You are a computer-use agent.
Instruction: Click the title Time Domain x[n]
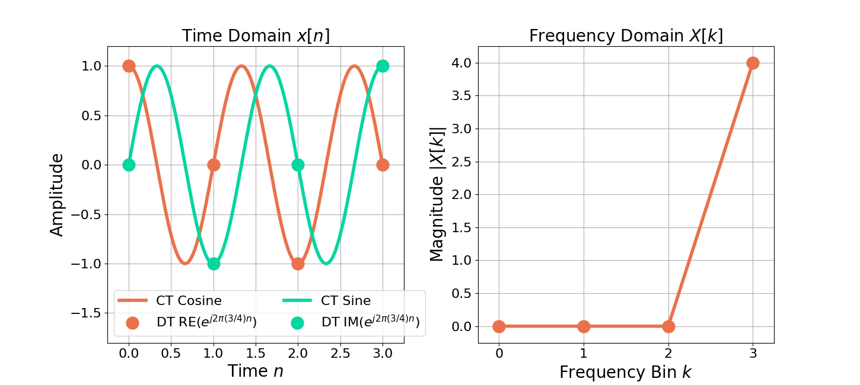[256, 36]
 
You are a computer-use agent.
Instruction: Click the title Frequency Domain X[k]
[626, 36]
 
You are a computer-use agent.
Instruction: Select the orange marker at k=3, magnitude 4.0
[753, 63]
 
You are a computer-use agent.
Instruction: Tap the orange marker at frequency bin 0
[499, 326]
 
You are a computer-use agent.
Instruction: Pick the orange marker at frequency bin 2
[668, 326]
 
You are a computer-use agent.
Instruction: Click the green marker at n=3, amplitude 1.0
[383, 66]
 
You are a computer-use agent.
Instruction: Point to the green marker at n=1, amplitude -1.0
[214, 264]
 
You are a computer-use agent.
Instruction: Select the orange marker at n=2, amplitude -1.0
[298, 264]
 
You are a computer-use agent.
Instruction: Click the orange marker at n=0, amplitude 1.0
[129, 66]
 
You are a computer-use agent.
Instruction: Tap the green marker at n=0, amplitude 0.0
[129, 165]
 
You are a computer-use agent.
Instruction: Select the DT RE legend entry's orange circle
[132, 323]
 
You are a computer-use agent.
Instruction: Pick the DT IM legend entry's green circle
[297, 323]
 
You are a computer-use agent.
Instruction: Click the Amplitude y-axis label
[57, 195]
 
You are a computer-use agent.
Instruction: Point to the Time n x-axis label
[256, 371]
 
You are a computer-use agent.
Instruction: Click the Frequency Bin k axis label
[626, 372]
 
